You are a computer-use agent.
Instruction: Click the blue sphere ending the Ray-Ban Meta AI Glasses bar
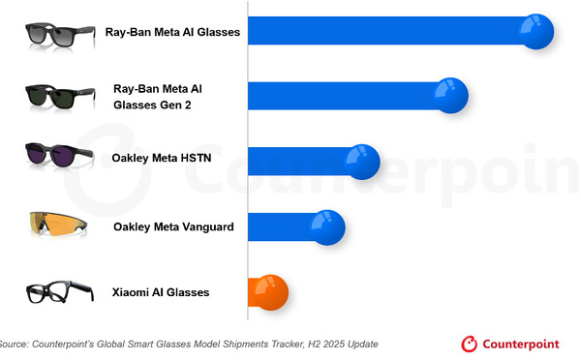pyautogui.click(x=535, y=32)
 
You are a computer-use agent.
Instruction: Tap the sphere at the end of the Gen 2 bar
pyautogui.click(x=449, y=95)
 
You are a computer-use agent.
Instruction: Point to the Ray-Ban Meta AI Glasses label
pyautogui.click(x=173, y=32)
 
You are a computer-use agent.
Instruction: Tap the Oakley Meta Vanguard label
pyautogui.click(x=172, y=227)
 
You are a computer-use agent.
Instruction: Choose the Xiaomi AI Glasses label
pyautogui.click(x=163, y=291)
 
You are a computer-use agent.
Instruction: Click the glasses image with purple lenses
pyautogui.click(x=59, y=154)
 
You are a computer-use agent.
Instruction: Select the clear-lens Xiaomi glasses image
pyautogui.click(x=59, y=291)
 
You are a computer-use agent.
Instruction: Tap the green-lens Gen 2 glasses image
pyautogui.click(x=61, y=96)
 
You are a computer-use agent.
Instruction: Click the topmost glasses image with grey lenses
pyautogui.click(x=61, y=34)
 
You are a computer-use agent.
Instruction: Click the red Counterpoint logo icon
pyautogui.click(x=470, y=344)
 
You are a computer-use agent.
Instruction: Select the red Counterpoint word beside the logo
pyautogui.click(x=529, y=344)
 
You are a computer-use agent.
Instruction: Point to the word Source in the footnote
pyautogui.click(x=14, y=344)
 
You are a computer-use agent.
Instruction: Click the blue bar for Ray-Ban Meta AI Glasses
pyautogui.click(x=387, y=33)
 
